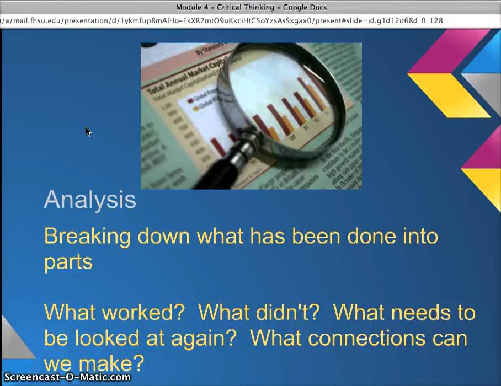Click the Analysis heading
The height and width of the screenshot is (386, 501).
pyautogui.click(x=90, y=200)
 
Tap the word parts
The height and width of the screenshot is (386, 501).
pyautogui.click(x=68, y=261)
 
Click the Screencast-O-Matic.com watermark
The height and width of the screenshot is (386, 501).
pyautogui.click(x=66, y=378)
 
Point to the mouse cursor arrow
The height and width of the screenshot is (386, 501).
pyautogui.click(x=88, y=131)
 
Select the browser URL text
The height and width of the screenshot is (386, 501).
pyautogui.click(x=221, y=20)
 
